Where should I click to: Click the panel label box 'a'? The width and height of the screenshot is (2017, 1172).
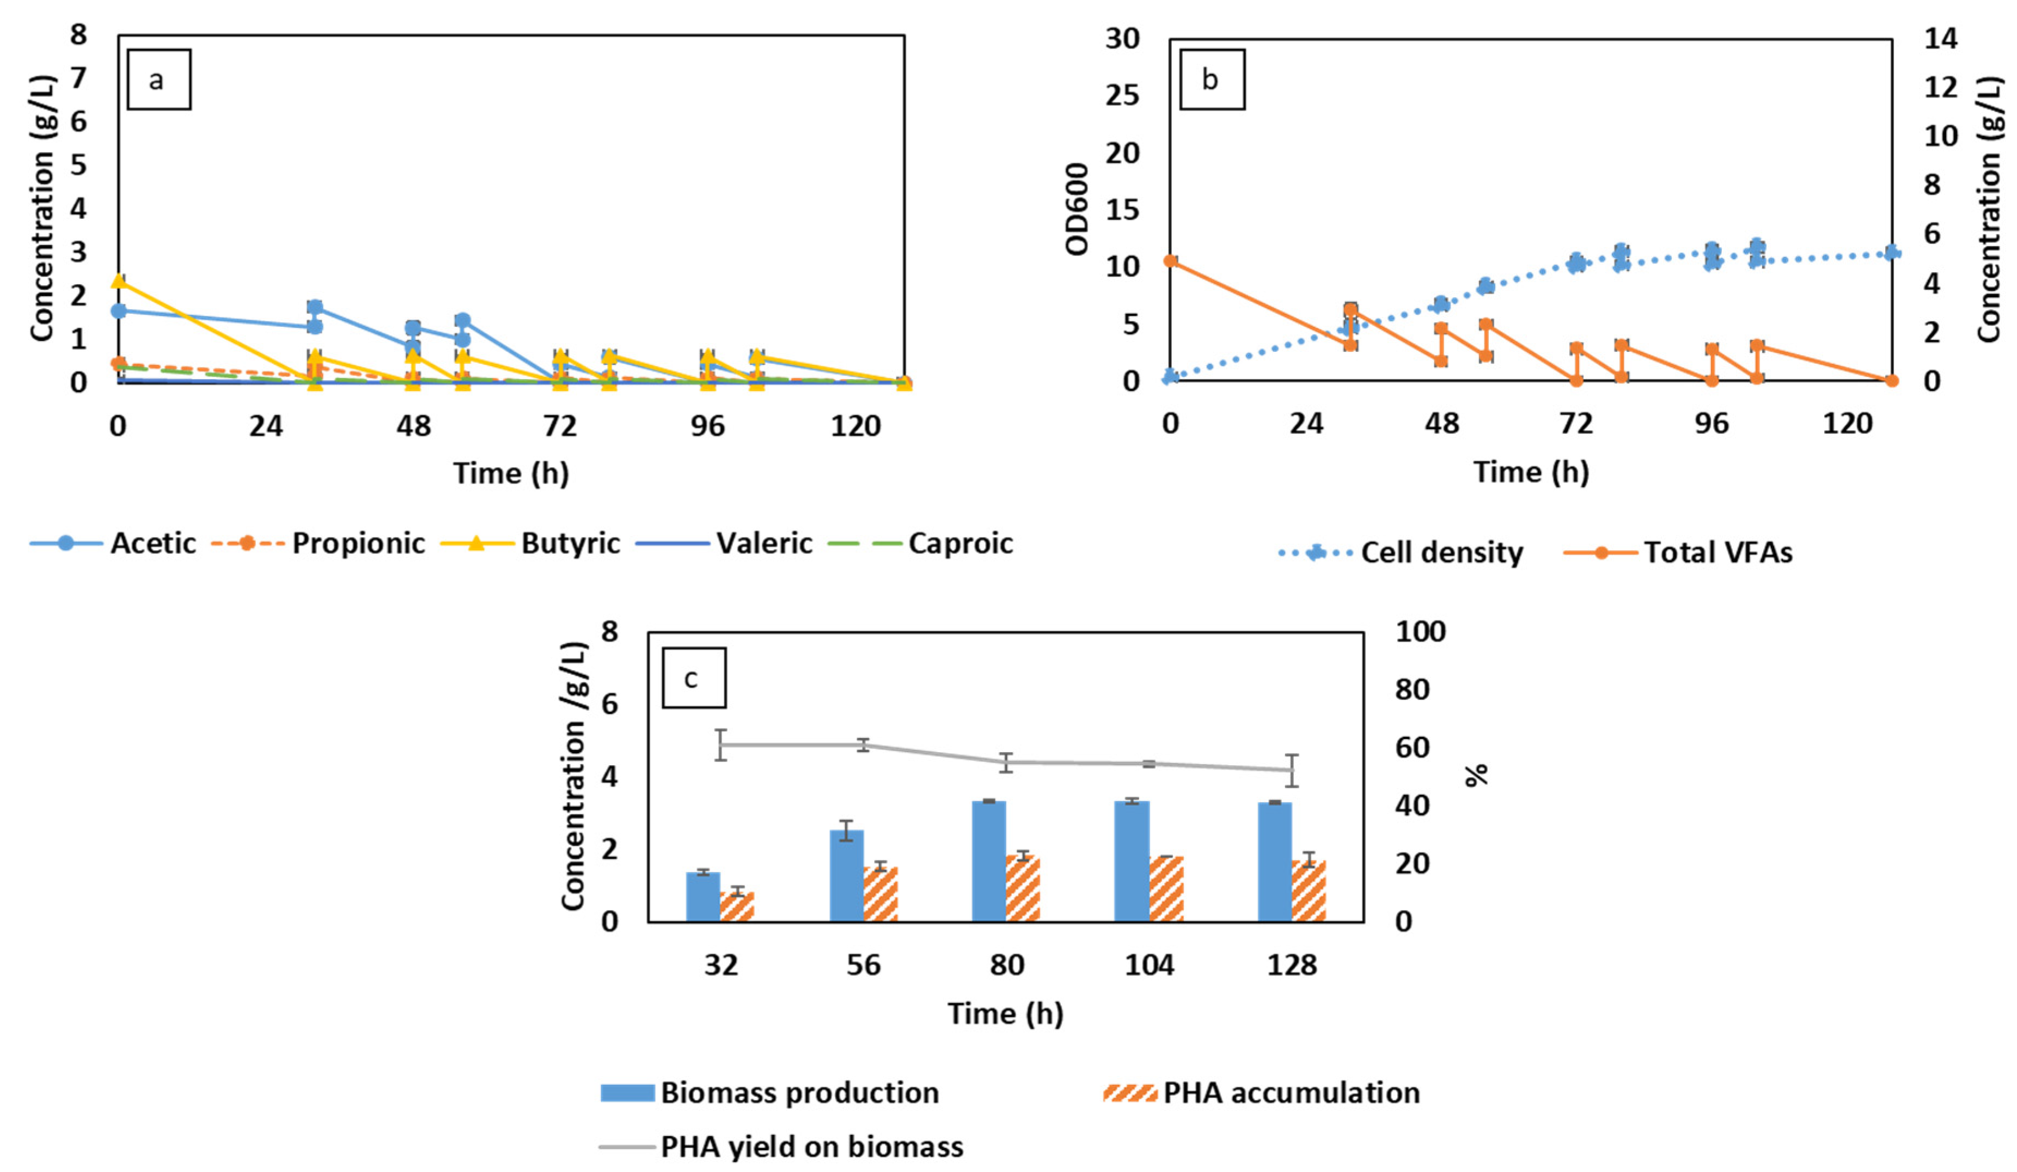(x=158, y=80)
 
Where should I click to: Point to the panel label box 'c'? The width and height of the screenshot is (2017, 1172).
(x=693, y=678)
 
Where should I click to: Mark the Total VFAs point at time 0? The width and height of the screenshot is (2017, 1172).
(x=1170, y=261)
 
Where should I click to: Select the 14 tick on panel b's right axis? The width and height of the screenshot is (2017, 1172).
(x=1940, y=39)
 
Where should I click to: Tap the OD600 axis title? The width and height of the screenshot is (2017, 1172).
(x=1077, y=210)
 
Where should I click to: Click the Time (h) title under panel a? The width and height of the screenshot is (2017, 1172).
(x=511, y=473)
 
